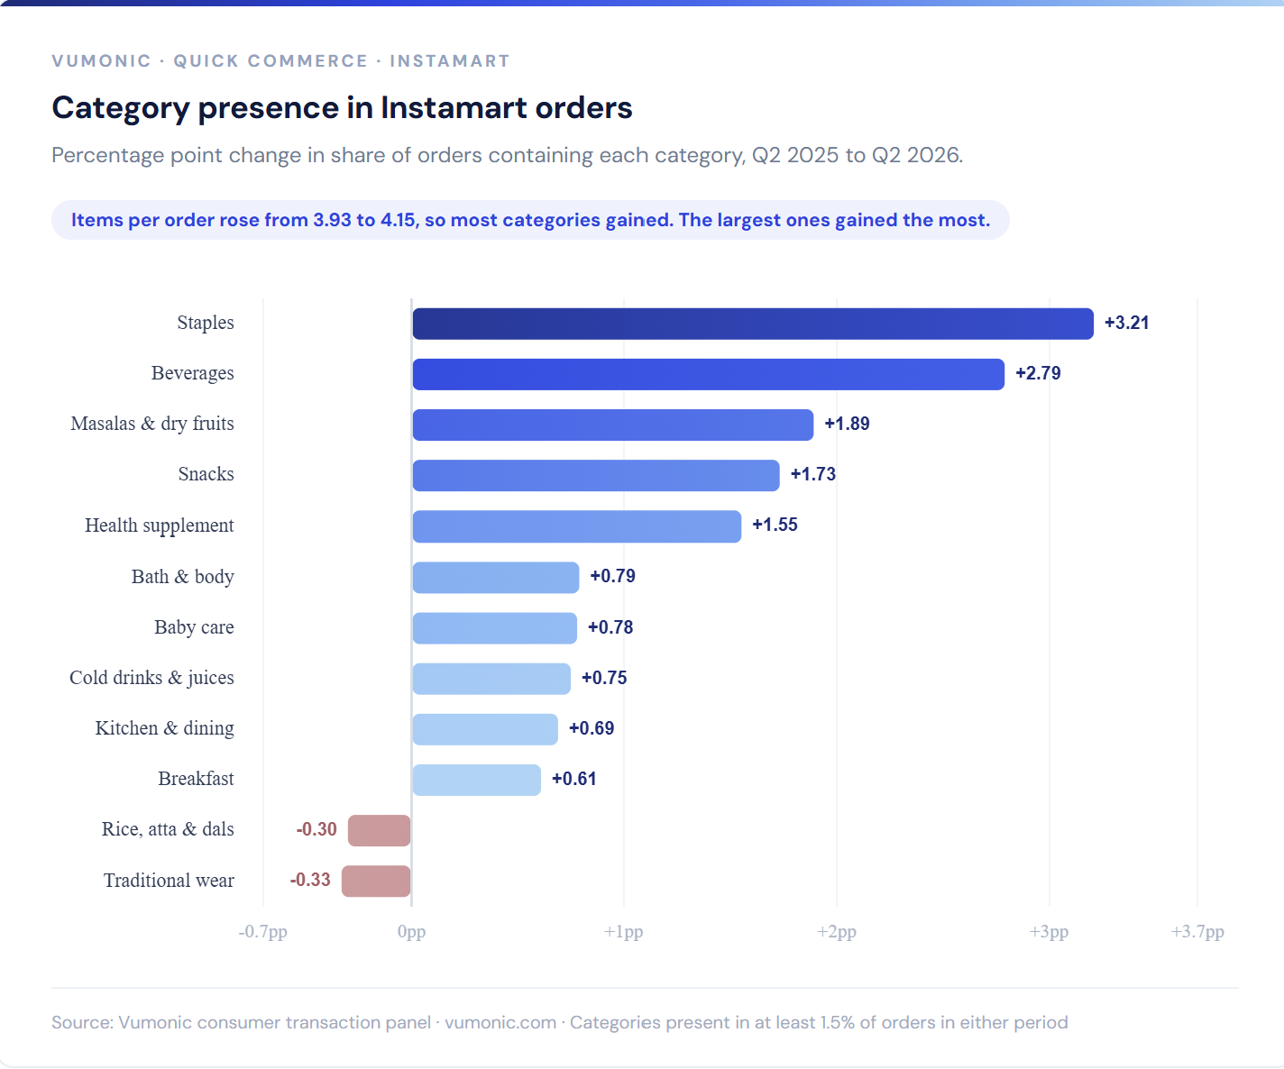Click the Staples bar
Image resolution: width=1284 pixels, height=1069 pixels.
(x=753, y=324)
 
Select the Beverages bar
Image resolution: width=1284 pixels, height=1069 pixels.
(x=709, y=374)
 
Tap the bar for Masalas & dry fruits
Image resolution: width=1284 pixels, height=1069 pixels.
(x=613, y=425)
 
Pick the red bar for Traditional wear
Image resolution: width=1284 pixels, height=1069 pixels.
(x=376, y=881)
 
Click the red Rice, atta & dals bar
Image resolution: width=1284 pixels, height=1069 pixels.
(x=380, y=830)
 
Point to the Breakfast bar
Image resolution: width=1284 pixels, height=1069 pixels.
(x=477, y=780)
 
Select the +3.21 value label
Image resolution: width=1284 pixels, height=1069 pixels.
(x=1126, y=323)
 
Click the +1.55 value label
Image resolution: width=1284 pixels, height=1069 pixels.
(x=775, y=525)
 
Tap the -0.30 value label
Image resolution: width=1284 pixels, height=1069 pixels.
(x=316, y=829)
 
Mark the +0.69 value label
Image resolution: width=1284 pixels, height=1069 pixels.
(x=592, y=727)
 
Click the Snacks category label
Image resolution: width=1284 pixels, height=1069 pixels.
(x=206, y=474)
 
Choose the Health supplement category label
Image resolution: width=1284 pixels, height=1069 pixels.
(x=160, y=525)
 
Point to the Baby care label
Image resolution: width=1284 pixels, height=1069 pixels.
(x=195, y=627)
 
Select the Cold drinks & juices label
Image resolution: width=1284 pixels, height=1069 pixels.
(x=151, y=678)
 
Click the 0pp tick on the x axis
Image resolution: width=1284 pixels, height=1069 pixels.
(x=411, y=932)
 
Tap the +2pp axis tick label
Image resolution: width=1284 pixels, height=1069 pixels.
(x=837, y=932)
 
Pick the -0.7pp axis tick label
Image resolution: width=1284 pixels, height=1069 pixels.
(x=263, y=932)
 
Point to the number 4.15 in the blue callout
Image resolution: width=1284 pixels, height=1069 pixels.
(x=398, y=220)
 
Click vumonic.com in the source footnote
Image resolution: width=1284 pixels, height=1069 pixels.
(x=500, y=1022)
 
